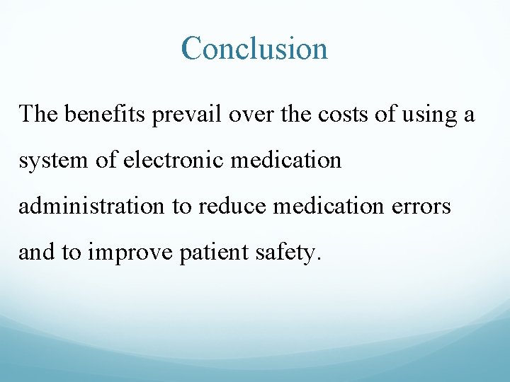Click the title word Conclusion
pyautogui.click(x=254, y=49)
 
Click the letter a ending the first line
pyautogui.click(x=468, y=115)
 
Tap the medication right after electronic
pyautogui.click(x=290, y=160)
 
